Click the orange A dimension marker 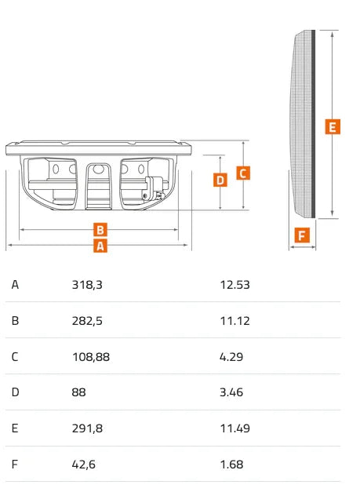(100, 246)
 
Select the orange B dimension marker (100, 230)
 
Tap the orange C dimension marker (243, 173)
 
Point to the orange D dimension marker (220, 180)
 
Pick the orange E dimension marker (333, 127)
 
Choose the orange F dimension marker (302, 235)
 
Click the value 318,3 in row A (87, 285)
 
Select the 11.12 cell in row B (235, 321)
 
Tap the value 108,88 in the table (91, 357)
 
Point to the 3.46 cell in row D (231, 392)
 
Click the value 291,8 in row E (87, 428)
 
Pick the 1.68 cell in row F (231, 465)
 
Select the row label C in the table (15, 357)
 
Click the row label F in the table (14, 465)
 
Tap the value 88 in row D (78, 392)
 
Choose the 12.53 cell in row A (235, 285)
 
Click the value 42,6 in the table (83, 465)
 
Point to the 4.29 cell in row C (231, 357)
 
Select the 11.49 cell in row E (235, 428)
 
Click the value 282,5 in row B (87, 321)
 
